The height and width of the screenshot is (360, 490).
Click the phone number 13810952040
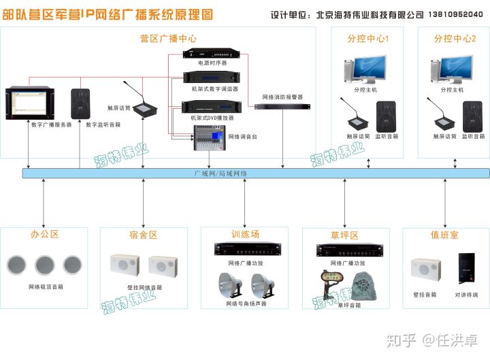(x=455, y=14)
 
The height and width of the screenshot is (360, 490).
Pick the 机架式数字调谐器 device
(x=211, y=78)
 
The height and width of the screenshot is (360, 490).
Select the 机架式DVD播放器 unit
(x=211, y=106)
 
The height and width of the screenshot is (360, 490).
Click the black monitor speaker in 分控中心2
(x=472, y=116)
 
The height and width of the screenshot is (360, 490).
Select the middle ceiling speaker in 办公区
(x=45, y=265)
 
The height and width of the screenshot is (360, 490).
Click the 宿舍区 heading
(x=144, y=235)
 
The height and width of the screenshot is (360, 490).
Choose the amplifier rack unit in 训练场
(x=244, y=250)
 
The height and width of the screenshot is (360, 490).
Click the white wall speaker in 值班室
(x=425, y=268)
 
